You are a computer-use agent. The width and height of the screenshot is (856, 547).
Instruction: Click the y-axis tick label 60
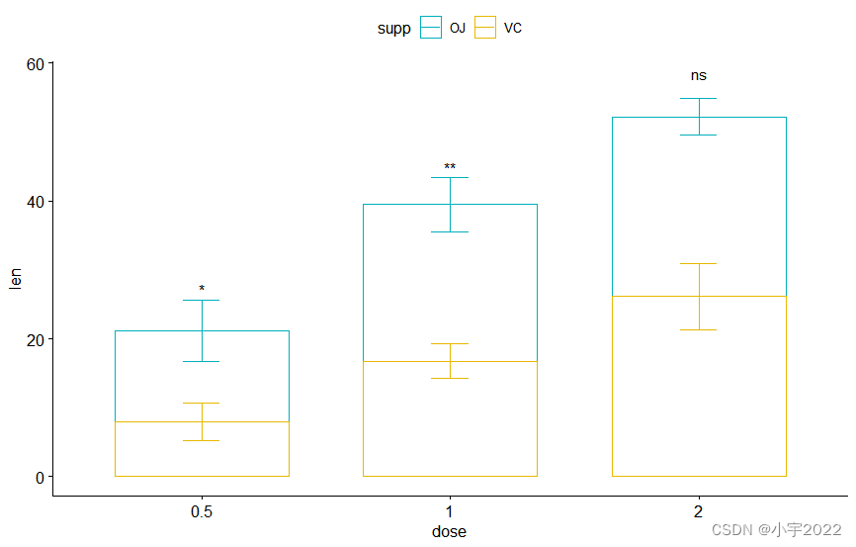click(36, 64)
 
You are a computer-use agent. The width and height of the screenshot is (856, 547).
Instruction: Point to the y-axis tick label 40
click(36, 202)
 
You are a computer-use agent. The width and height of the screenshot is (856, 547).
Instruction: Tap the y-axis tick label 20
click(36, 339)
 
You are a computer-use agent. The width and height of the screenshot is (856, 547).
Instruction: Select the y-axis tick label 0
click(40, 477)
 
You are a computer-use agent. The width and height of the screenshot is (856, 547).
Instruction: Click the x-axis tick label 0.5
click(202, 511)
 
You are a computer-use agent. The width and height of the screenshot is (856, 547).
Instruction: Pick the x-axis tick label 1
click(450, 511)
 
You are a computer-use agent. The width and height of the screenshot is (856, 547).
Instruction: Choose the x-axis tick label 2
click(698, 511)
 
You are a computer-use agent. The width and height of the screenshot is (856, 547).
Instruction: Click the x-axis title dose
click(449, 531)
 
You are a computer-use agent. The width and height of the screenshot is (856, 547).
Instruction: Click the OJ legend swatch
click(430, 28)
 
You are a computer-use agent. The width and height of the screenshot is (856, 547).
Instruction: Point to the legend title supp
click(393, 29)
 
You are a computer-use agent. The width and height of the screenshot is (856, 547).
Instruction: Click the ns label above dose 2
click(699, 75)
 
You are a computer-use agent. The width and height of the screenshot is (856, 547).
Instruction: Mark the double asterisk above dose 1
click(450, 167)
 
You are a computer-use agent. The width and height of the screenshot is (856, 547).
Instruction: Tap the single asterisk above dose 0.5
click(202, 290)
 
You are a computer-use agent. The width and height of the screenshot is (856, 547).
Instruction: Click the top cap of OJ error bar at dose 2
click(699, 99)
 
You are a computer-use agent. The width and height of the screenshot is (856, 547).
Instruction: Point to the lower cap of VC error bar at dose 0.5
click(202, 440)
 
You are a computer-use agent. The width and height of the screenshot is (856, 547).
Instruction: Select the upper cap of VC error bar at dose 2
click(699, 264)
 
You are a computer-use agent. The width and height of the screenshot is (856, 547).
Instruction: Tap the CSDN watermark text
click(776, 530)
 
